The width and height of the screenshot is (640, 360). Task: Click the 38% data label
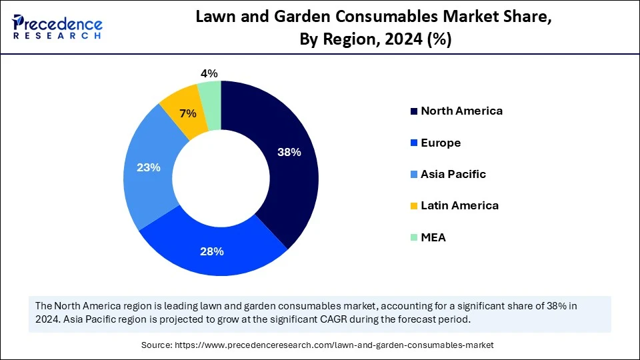pos(289,152)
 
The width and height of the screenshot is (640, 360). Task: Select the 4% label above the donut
pos(209,73)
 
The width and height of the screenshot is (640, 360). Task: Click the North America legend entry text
pos(461,111)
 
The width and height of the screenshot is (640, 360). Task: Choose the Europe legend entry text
pos(441,143)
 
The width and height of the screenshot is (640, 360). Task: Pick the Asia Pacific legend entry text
pos(453,174)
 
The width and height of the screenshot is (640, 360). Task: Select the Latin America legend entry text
pos(459,205)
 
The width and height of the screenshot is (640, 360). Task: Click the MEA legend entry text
pos(433,237)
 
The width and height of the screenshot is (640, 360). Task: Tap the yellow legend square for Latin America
pos(414,206)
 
